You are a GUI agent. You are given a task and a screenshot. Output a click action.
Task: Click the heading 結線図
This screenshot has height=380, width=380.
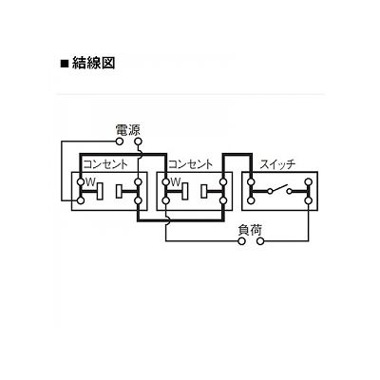(93, 63)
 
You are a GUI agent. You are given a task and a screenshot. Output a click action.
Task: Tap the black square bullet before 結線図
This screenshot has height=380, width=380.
(65, 64)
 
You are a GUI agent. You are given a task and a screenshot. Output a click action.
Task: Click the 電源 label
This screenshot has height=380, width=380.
(127, 130)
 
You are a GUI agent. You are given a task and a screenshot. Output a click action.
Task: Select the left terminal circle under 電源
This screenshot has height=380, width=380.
(120, 142)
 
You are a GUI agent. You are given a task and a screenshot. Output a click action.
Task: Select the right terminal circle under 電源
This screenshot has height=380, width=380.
(138, 142)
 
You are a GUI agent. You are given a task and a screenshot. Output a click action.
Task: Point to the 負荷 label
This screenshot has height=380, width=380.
(250, 230)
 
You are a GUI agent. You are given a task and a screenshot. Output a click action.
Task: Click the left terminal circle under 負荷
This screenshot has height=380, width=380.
(242, 241)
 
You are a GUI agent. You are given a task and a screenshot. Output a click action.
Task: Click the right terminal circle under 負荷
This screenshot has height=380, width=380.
(260, 241)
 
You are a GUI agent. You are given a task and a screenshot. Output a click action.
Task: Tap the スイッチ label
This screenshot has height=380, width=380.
(277, 164)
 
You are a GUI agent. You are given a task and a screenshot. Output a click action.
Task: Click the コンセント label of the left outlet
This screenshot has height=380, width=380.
(105, 164)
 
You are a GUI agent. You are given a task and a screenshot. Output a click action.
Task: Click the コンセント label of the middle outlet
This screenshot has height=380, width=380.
(191, 164)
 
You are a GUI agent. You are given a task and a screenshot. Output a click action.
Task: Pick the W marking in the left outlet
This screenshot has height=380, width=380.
(90, 181)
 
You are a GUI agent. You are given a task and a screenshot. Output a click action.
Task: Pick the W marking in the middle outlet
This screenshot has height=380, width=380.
(176, 181)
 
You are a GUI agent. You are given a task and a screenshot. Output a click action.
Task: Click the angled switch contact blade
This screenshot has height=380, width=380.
(279, 188)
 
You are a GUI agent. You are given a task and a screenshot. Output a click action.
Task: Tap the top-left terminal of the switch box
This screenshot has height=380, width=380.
(251, 181)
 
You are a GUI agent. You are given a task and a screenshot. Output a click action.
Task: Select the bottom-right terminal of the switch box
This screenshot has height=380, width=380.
(308, 200)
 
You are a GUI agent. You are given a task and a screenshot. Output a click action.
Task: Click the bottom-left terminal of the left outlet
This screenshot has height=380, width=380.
(81, 200)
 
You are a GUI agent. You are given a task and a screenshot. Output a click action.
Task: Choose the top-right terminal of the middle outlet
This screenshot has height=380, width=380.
(223, 181)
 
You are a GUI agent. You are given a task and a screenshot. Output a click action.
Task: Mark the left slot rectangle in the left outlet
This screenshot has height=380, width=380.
(100, 191)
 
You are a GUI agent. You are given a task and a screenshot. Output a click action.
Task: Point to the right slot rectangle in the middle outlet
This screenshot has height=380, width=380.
(204, 191)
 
